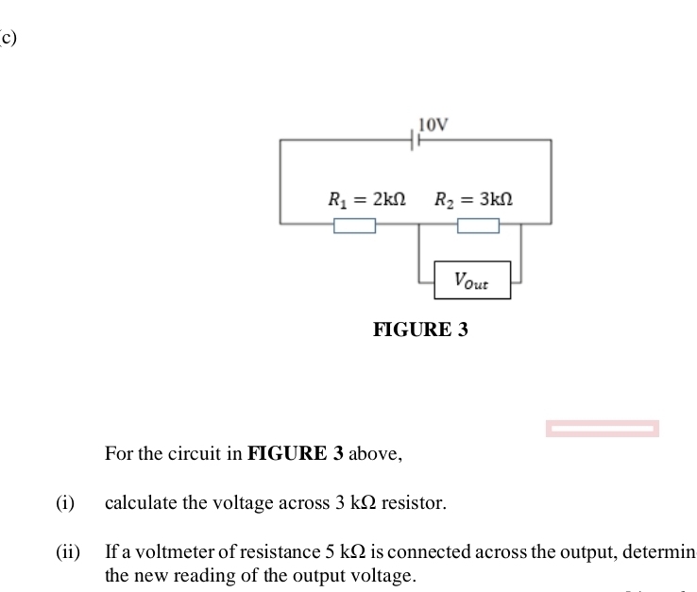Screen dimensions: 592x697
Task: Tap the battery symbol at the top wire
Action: point(415,140)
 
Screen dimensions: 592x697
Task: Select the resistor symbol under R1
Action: point(354,225)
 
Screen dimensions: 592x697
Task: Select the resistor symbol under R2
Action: point(478,225)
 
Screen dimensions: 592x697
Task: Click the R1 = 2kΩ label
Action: point(366,199)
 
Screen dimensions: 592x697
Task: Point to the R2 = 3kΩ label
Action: point(473,199)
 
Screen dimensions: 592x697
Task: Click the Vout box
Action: point(472,280)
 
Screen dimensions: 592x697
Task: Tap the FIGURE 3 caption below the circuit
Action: point(420,330)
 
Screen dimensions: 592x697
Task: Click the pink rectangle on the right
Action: point(602,430)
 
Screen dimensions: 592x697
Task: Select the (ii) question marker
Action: point(67,550)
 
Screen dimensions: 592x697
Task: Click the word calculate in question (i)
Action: point(141,502)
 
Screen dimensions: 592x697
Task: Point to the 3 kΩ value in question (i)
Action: point(356,502)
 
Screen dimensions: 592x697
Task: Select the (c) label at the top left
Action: point(8,38)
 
